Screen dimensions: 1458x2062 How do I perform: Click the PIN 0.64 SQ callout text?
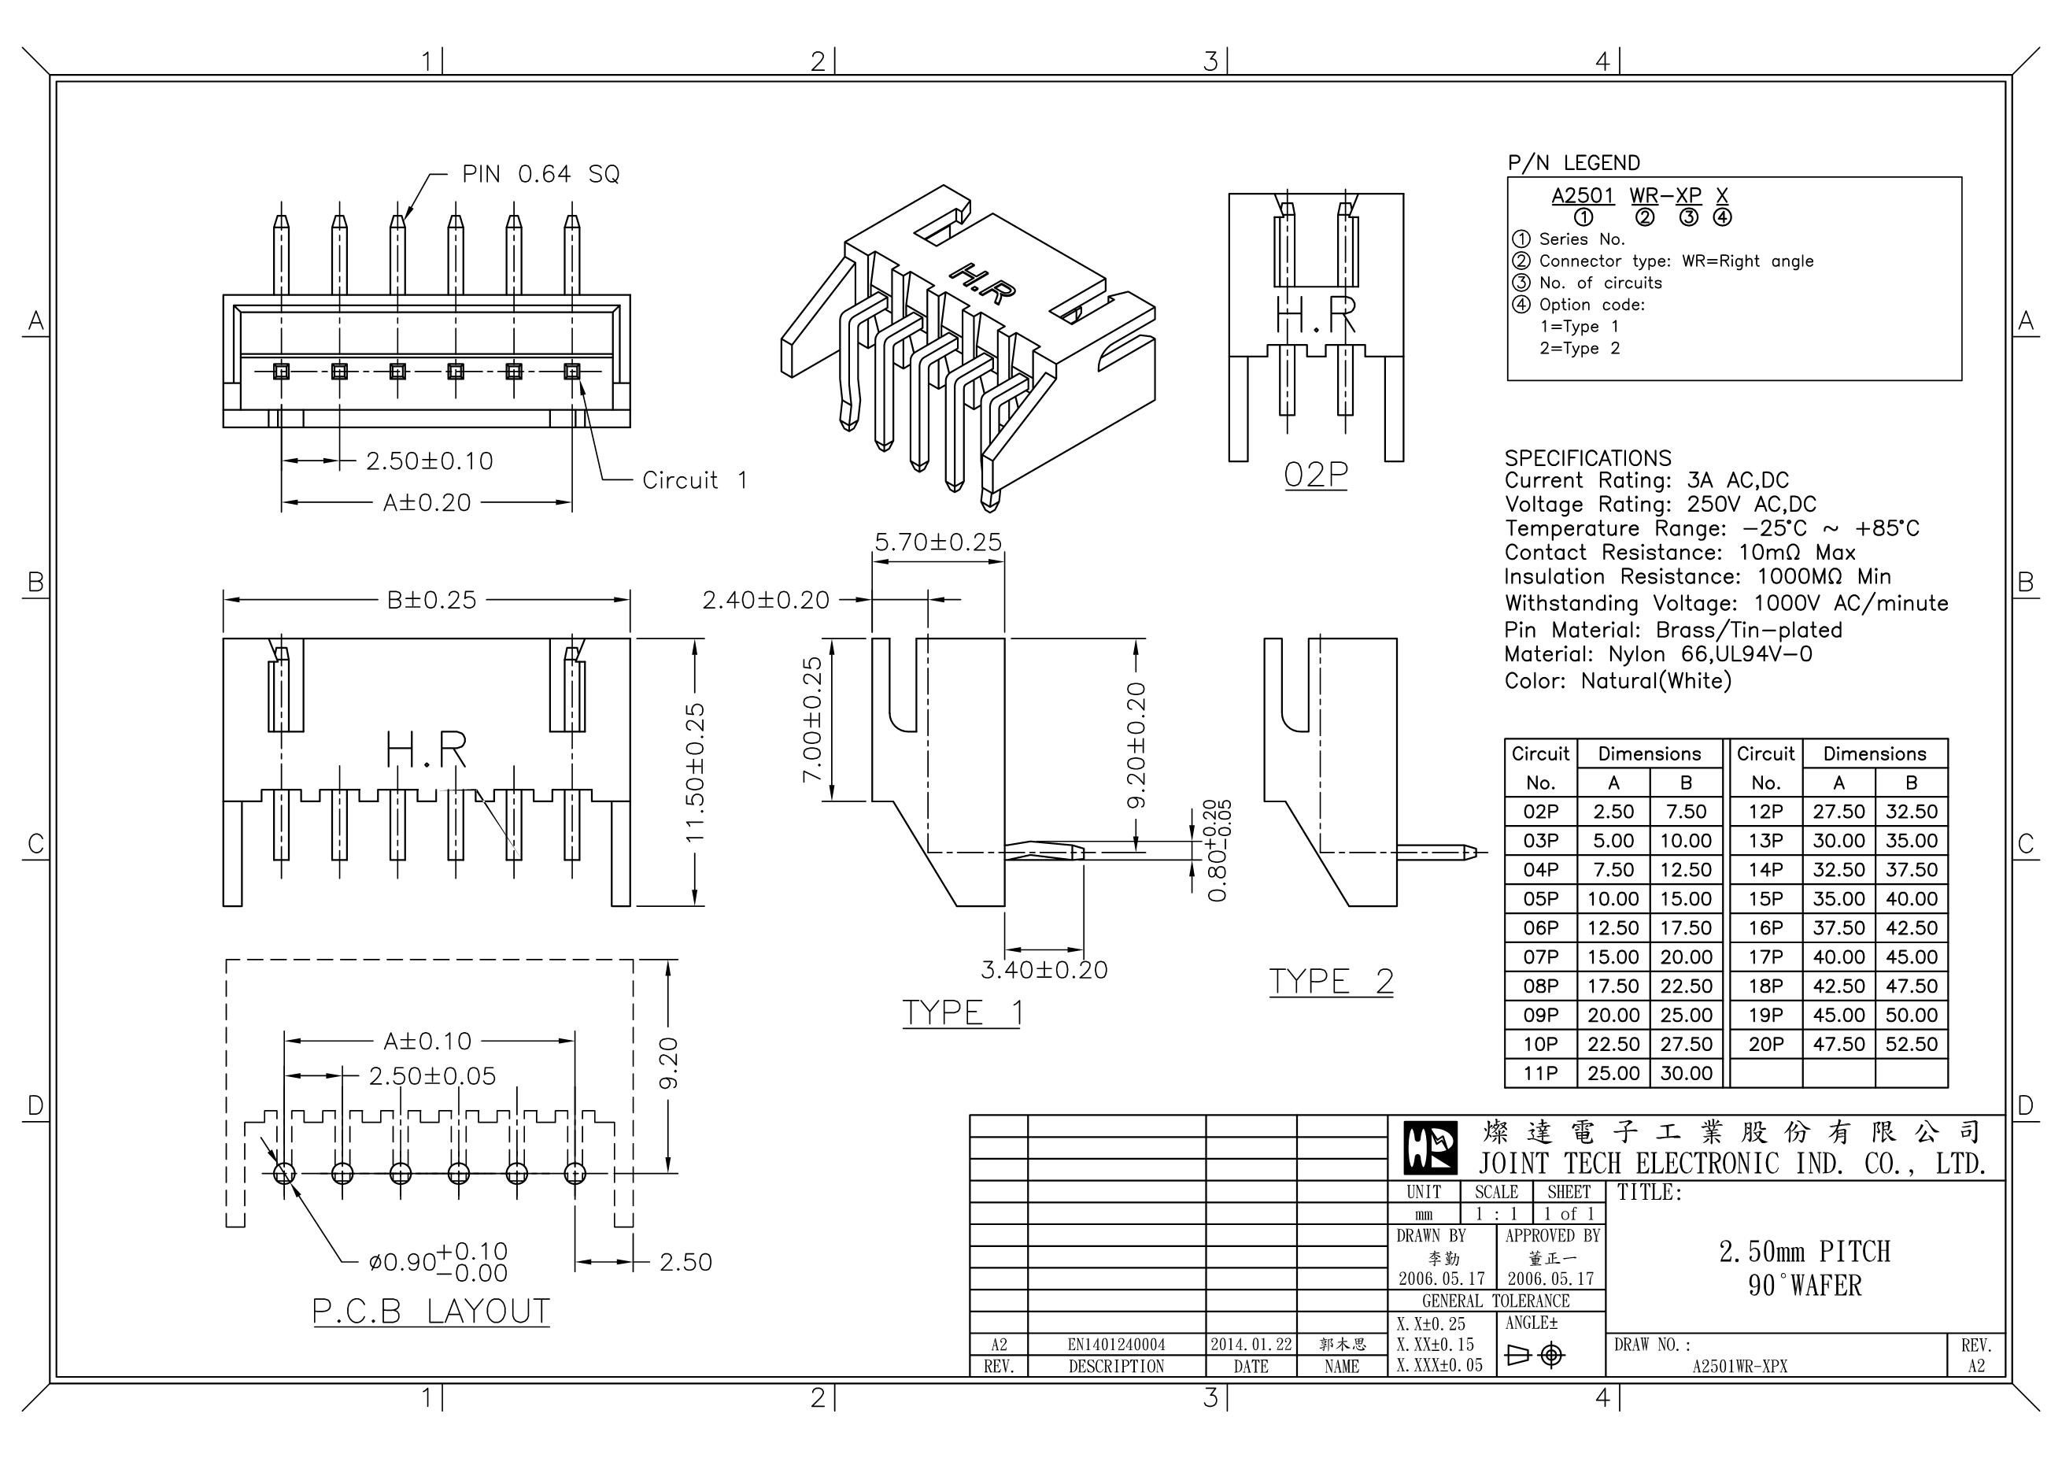point(541,173)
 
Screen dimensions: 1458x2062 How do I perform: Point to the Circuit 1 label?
point(694,480)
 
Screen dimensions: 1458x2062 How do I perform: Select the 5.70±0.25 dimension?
point(937,542)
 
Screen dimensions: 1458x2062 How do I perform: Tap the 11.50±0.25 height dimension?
point(695,772)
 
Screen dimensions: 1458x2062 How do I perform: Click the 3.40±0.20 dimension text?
point(1044,970)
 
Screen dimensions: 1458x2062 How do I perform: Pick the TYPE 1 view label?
point(962,1012)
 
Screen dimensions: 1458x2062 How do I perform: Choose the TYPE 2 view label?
point(1331,981)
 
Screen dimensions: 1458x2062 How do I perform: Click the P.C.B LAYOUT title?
point(431,1312)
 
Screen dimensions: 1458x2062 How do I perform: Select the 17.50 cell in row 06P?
point(1686,928)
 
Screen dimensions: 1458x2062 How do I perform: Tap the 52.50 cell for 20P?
point(1911,1044)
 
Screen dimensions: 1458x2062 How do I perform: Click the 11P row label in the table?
point(1540,1074)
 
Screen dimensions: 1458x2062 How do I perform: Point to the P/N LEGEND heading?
point(1573,164)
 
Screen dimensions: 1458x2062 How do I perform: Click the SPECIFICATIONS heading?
point(1587,458)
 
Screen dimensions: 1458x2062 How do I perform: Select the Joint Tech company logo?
point(1431,1148)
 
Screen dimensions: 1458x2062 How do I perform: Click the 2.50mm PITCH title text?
point(1804,1252)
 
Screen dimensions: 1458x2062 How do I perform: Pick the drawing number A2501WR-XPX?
point(1739,1367)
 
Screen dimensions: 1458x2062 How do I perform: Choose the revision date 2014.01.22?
point(1251,1344)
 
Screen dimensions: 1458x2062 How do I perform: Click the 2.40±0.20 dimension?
point(765,600)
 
